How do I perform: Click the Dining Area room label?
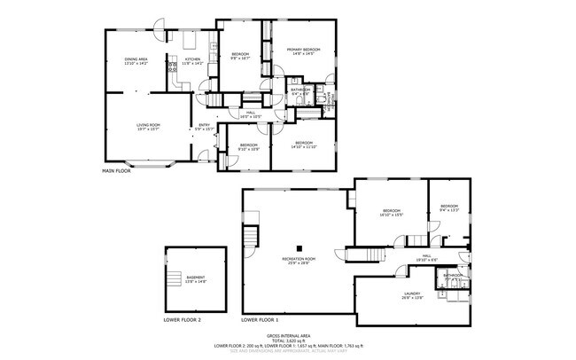tap(136, 61)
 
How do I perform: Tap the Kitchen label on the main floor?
tap(192, 61)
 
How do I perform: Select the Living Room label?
tap(147, 128)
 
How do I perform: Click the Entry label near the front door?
tap(204, 127)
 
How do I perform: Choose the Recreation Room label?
tap(300, 261)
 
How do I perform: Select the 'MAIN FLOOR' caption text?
tap(116, 170)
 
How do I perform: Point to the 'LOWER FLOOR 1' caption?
tap(259, 319)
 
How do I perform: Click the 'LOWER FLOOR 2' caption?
tap(182, 319)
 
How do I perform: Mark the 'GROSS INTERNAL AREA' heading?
tap(287, 335)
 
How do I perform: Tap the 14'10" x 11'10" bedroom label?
tap(304, 145)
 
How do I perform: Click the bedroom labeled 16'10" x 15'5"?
tap(391, 213)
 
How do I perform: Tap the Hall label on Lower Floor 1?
tap(426, 258)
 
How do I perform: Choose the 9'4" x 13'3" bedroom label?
tap(448, 208)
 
